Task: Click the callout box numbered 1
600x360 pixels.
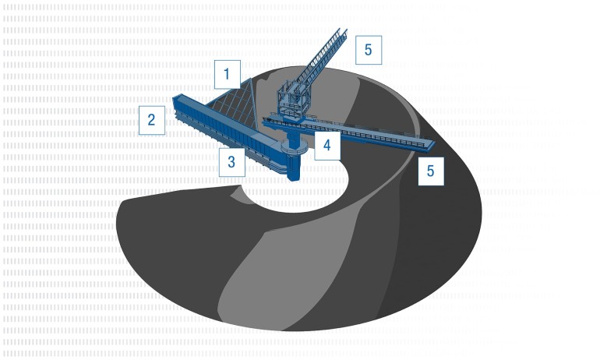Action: (x=228, y=74)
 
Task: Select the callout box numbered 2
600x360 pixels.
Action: (x=152, y=120)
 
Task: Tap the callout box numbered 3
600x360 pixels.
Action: (x=232, y=162)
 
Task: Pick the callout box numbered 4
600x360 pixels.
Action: (x=327, y=145)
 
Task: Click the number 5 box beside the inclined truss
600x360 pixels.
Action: (x=369, y=50)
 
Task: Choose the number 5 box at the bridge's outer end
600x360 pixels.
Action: (x=431, y=171)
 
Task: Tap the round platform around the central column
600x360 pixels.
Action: (x=294, y=146)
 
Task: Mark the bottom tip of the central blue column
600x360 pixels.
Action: (x=294, y=180)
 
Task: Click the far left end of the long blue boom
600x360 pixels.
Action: (x=174, y=101)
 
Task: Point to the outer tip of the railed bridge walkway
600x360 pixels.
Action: (x=433, y=144)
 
